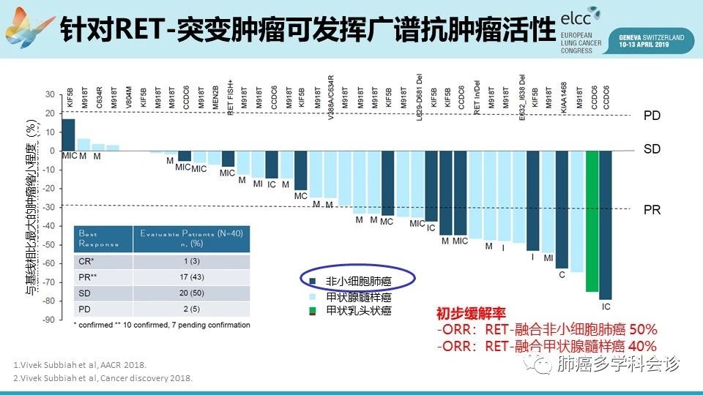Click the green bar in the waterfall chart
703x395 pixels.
591,222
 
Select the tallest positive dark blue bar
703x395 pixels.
68,135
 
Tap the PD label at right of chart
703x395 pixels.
652,116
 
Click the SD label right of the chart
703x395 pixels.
652,149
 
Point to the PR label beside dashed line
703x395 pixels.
652,210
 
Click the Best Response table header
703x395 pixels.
93,238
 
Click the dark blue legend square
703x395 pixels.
313,281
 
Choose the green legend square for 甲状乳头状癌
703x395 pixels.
313,312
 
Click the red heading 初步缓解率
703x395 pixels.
461,313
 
